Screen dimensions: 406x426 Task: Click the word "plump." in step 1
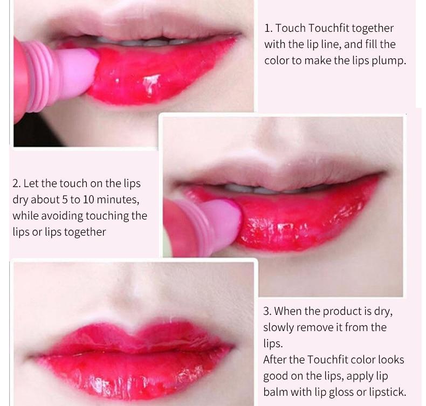[x=388, y=60]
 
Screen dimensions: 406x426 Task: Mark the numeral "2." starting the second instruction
[x=17, y=184]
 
